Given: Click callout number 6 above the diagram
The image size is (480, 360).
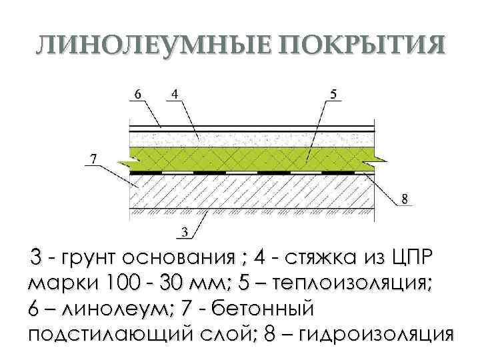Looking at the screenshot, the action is (137, 94).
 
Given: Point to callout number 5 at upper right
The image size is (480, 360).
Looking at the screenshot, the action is (333, 94).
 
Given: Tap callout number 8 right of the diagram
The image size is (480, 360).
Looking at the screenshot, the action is (404, 198).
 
